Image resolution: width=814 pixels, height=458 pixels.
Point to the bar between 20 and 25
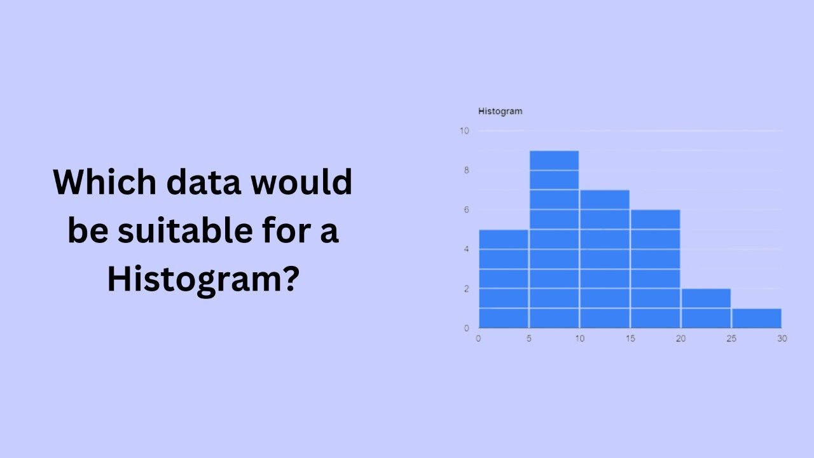click(706, 308)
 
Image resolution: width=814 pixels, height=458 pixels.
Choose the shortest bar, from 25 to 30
click(757, 317)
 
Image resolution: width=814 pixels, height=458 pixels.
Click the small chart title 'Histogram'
click(500, 111)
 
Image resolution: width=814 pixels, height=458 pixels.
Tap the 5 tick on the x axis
click(528, 338)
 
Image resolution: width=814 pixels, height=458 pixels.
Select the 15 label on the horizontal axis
click(630, 338)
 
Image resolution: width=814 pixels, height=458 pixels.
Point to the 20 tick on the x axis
click(680, 338)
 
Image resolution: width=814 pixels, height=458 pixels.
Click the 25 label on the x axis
click(731, 338)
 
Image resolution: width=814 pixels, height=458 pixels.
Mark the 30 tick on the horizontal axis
click(782, 338)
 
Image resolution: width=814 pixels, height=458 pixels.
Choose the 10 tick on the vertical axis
click(464, 131)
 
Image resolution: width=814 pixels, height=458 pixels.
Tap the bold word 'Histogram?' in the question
click(202, 280)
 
